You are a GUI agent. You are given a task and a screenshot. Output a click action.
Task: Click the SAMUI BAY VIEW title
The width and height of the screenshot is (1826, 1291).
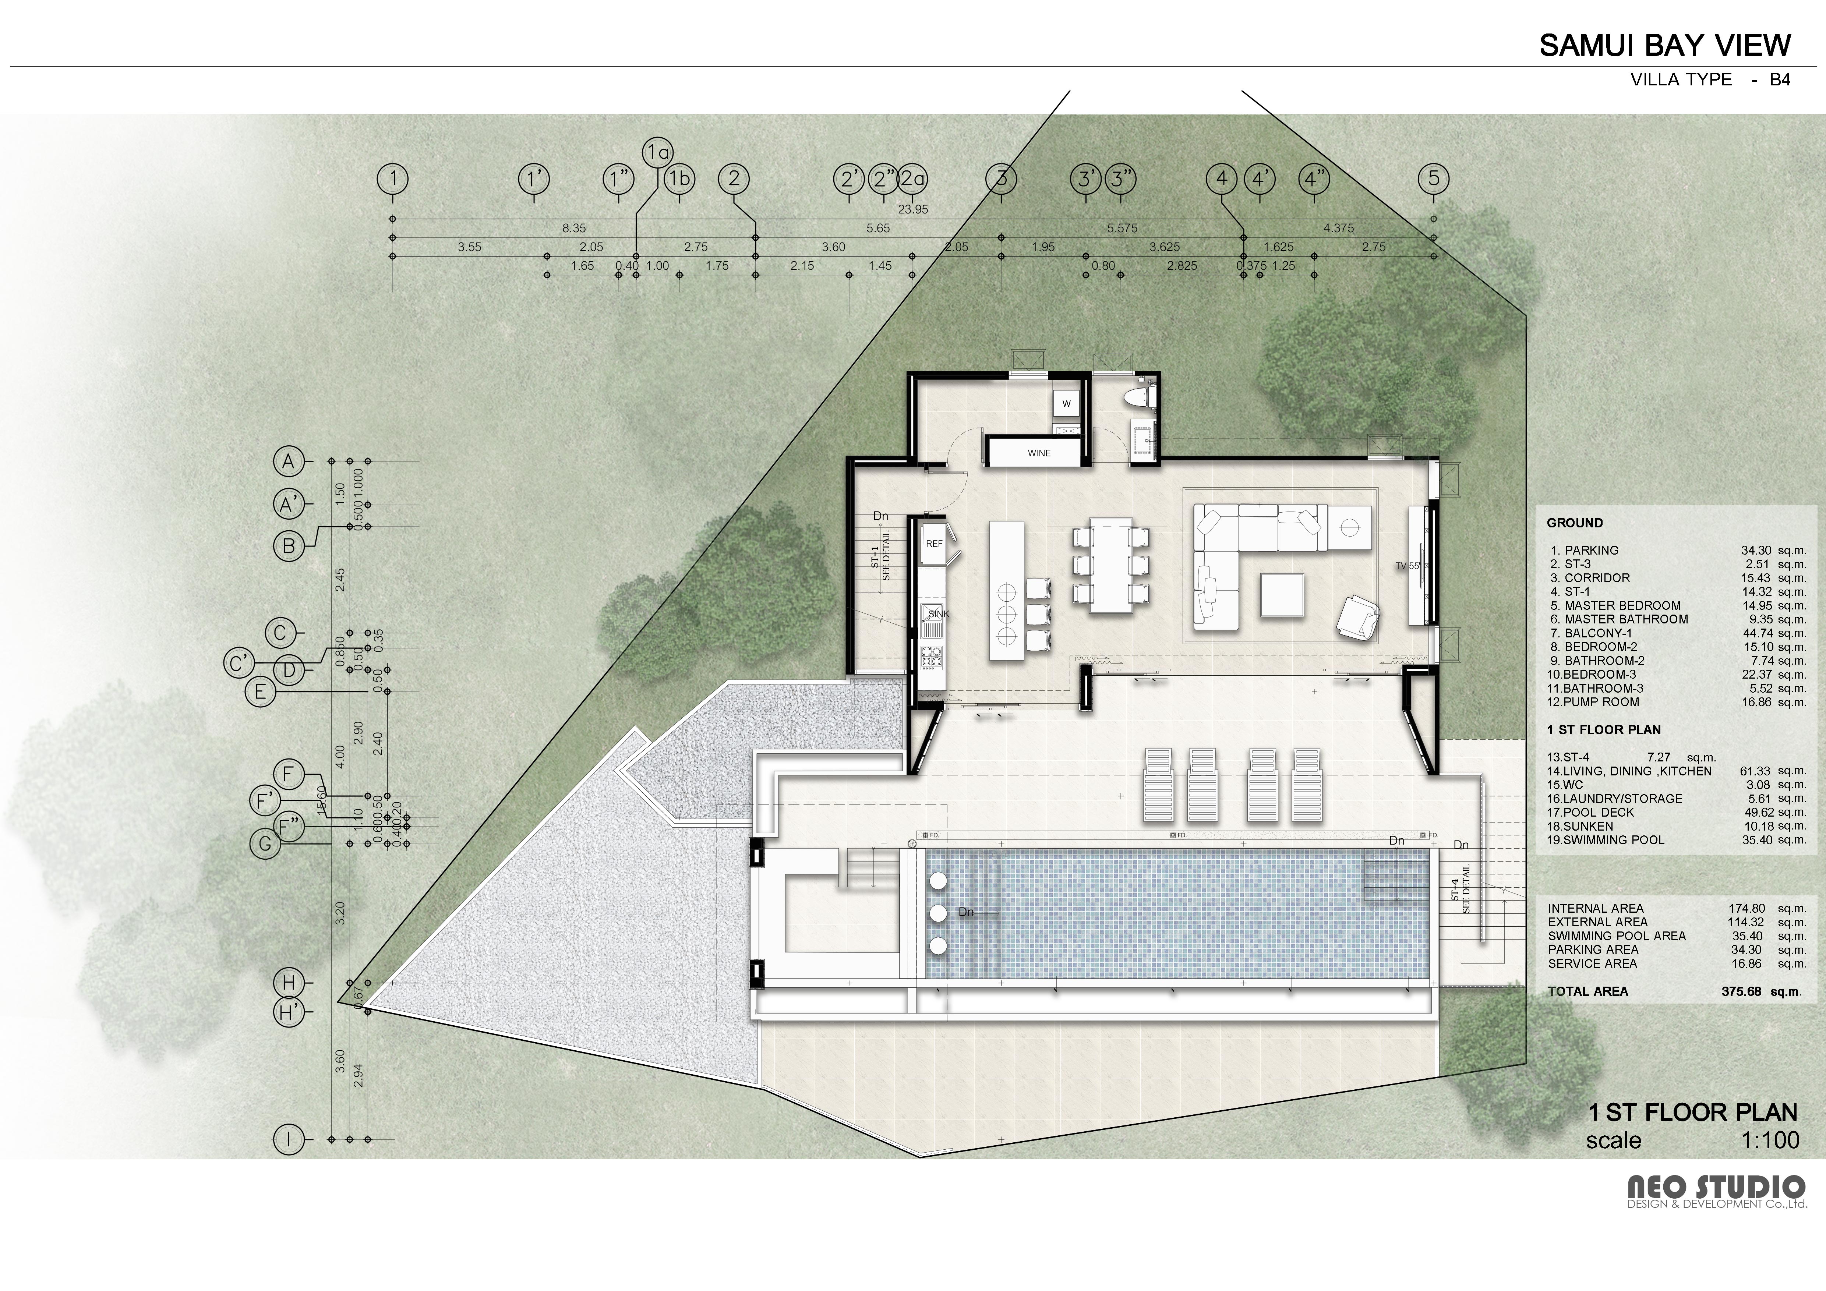(1664, 45)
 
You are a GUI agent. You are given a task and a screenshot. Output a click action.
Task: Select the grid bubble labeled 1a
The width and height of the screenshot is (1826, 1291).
(657, 153)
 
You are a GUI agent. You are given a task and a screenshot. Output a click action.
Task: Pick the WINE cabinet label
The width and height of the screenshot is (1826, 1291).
(1039, 453)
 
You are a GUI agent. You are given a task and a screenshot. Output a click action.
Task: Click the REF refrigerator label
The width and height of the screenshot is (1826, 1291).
(934, 544)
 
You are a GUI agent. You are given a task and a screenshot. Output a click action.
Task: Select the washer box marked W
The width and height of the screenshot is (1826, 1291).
(1067, 404)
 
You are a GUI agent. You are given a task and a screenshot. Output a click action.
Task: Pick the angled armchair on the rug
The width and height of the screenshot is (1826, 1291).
(1358, 618)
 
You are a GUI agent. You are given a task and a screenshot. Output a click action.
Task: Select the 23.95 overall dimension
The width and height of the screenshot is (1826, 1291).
(913, 210)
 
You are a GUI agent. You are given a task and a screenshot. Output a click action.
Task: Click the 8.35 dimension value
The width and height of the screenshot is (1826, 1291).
(574, 228)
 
